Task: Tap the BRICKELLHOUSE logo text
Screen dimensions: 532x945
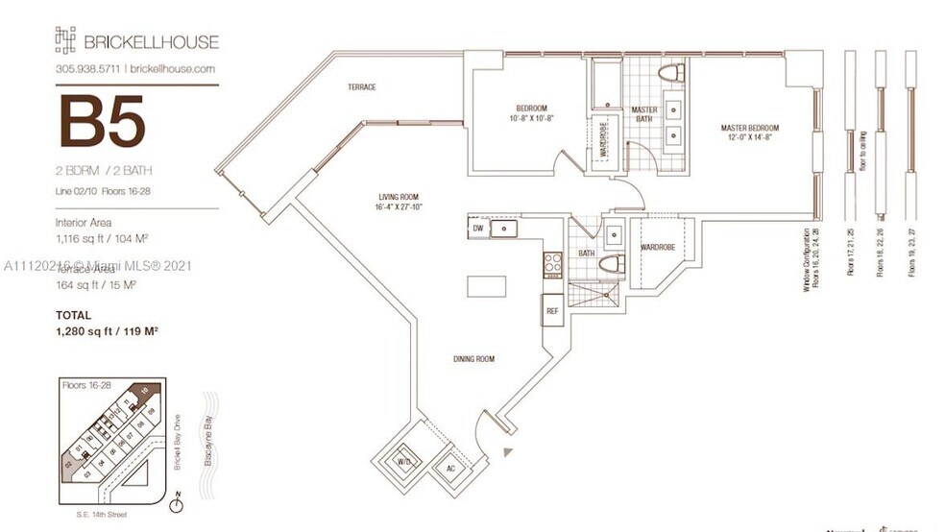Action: pyautogui.click(x=152, y=41)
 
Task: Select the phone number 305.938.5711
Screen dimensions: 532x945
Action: pyautogui.click(x=87, y=69)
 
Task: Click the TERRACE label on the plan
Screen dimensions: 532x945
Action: pyautogui.click(x=362, y=87)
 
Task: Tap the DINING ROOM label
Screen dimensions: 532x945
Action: pyautogui.click(x=474, y=359)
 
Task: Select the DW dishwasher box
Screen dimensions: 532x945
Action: pyautogui.click(x=478, y=229)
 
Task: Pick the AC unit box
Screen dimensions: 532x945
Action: pyautogui.click(x=451, y=469)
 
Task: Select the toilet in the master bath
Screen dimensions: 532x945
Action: pyautogui.click(x=670, y=73)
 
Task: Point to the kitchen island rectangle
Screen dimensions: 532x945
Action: pyautogui.click(x=486, y=287)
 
